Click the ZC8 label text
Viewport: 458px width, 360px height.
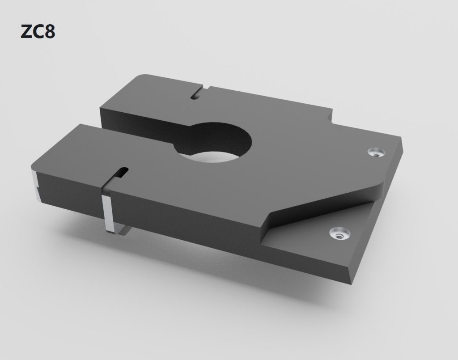38,32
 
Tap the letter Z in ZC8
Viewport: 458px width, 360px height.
26,32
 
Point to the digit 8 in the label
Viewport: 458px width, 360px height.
50,32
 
